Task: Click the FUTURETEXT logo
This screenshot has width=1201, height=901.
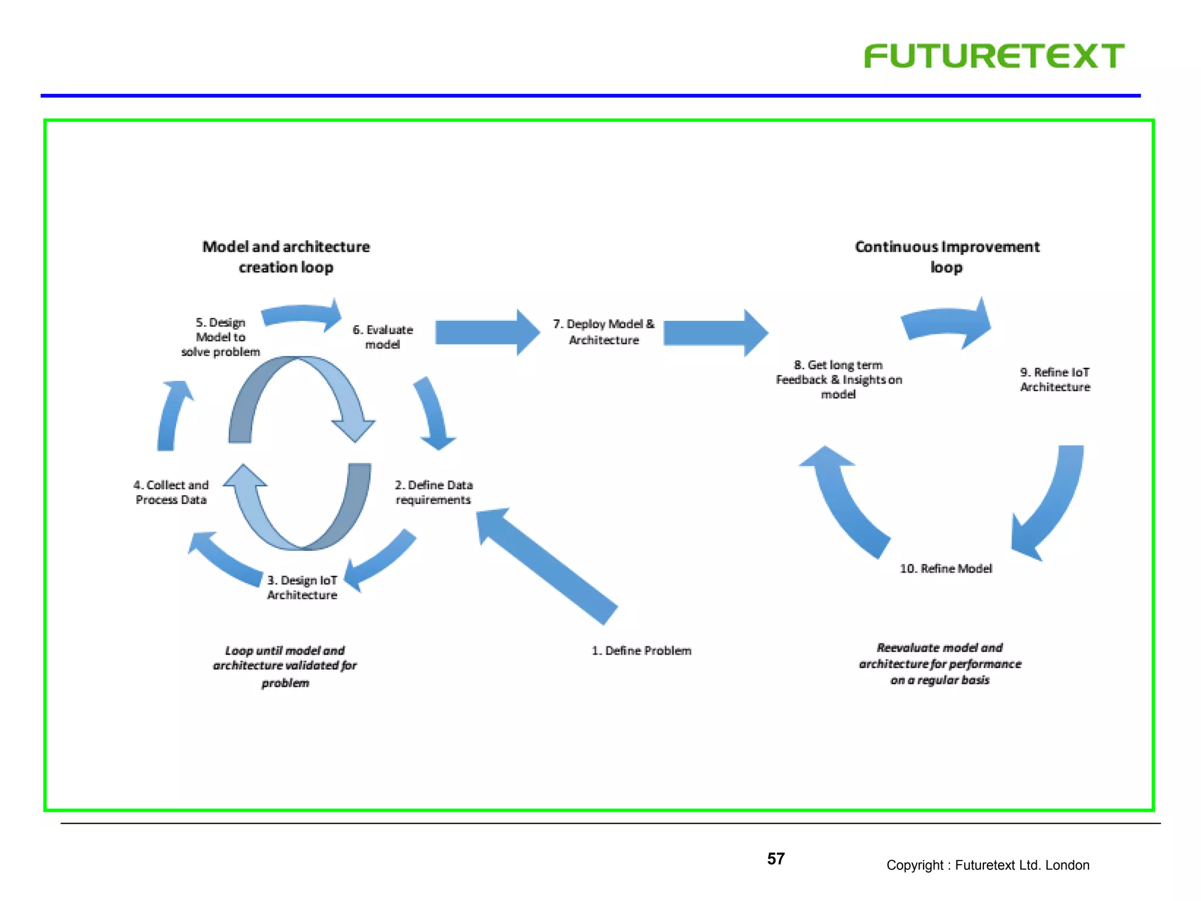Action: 993,56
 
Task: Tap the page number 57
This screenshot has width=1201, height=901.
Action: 775,859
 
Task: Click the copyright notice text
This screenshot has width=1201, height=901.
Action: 988,865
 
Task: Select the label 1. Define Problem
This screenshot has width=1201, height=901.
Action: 641,651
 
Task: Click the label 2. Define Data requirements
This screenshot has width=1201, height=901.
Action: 433,492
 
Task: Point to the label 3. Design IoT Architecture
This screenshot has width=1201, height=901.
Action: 302,587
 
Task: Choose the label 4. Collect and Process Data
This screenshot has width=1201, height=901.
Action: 171,492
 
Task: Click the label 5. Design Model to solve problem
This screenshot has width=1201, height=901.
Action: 220,337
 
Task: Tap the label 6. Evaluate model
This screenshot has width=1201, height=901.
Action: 382,337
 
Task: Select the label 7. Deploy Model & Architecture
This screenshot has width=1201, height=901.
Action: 603,332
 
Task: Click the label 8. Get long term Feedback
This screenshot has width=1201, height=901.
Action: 838,380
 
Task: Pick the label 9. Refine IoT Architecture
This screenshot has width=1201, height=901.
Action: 1054,380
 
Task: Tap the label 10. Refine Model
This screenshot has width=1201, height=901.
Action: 945,568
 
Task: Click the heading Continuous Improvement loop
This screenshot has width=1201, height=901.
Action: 946,256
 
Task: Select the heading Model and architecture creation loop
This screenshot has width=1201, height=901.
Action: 286,256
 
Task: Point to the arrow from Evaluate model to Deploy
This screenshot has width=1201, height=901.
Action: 487,333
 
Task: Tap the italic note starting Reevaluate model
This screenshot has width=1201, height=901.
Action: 939,663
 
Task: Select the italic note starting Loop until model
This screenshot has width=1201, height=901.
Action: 285,666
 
